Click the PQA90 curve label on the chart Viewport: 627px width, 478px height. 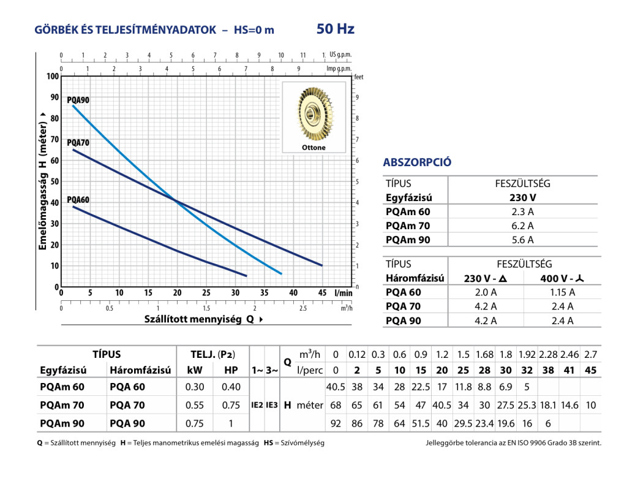(78, 100)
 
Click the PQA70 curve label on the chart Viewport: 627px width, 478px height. (78, 143)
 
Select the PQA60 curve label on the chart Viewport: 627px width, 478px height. (78, 200)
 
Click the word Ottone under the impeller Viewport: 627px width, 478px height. (313, 148)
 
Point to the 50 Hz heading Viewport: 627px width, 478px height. (336, 29)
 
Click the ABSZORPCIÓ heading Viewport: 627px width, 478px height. (417, 162)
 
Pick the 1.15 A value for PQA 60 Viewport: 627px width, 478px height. (563, 292)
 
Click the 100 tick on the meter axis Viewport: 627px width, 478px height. (52, 77)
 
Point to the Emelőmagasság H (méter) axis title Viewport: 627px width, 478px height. (43, 181)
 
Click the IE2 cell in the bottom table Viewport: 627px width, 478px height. (257, 405)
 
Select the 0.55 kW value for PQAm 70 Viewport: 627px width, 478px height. (195, 405)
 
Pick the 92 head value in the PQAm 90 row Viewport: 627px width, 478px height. (335, 423)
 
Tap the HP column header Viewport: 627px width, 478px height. (231, 370)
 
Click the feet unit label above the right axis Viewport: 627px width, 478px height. (359, 77)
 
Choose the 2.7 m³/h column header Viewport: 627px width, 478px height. (590, 355)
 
